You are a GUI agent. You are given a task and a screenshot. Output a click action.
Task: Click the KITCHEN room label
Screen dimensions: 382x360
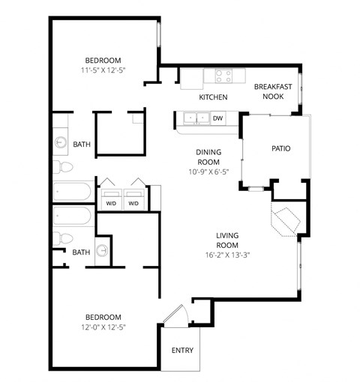(x=213, y=98)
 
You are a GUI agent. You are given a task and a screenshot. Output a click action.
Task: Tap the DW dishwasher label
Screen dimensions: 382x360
(x=218, y=118)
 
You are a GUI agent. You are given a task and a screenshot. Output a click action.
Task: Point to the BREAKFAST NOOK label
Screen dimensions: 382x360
(x=272, y=91)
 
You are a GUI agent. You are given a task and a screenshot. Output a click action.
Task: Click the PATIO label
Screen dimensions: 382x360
(x=280, y=148)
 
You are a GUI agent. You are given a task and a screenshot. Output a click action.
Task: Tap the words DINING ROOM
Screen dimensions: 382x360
(x=208, y=156)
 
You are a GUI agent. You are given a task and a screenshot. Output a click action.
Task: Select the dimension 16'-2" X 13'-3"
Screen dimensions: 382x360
(x=227, y=254)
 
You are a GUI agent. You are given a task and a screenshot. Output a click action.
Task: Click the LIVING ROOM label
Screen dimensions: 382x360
(x=227, y=240)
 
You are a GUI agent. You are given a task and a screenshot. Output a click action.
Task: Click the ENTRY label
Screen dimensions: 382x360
(x=182, y=350)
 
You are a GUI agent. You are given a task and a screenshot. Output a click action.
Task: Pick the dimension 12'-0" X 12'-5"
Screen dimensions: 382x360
(x=103, y=327)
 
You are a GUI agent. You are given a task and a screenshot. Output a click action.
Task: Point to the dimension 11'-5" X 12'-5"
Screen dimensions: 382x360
(x=103, y=70)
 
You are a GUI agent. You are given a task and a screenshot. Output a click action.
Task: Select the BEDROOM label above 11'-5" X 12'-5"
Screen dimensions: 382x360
(x=103, y=60)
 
